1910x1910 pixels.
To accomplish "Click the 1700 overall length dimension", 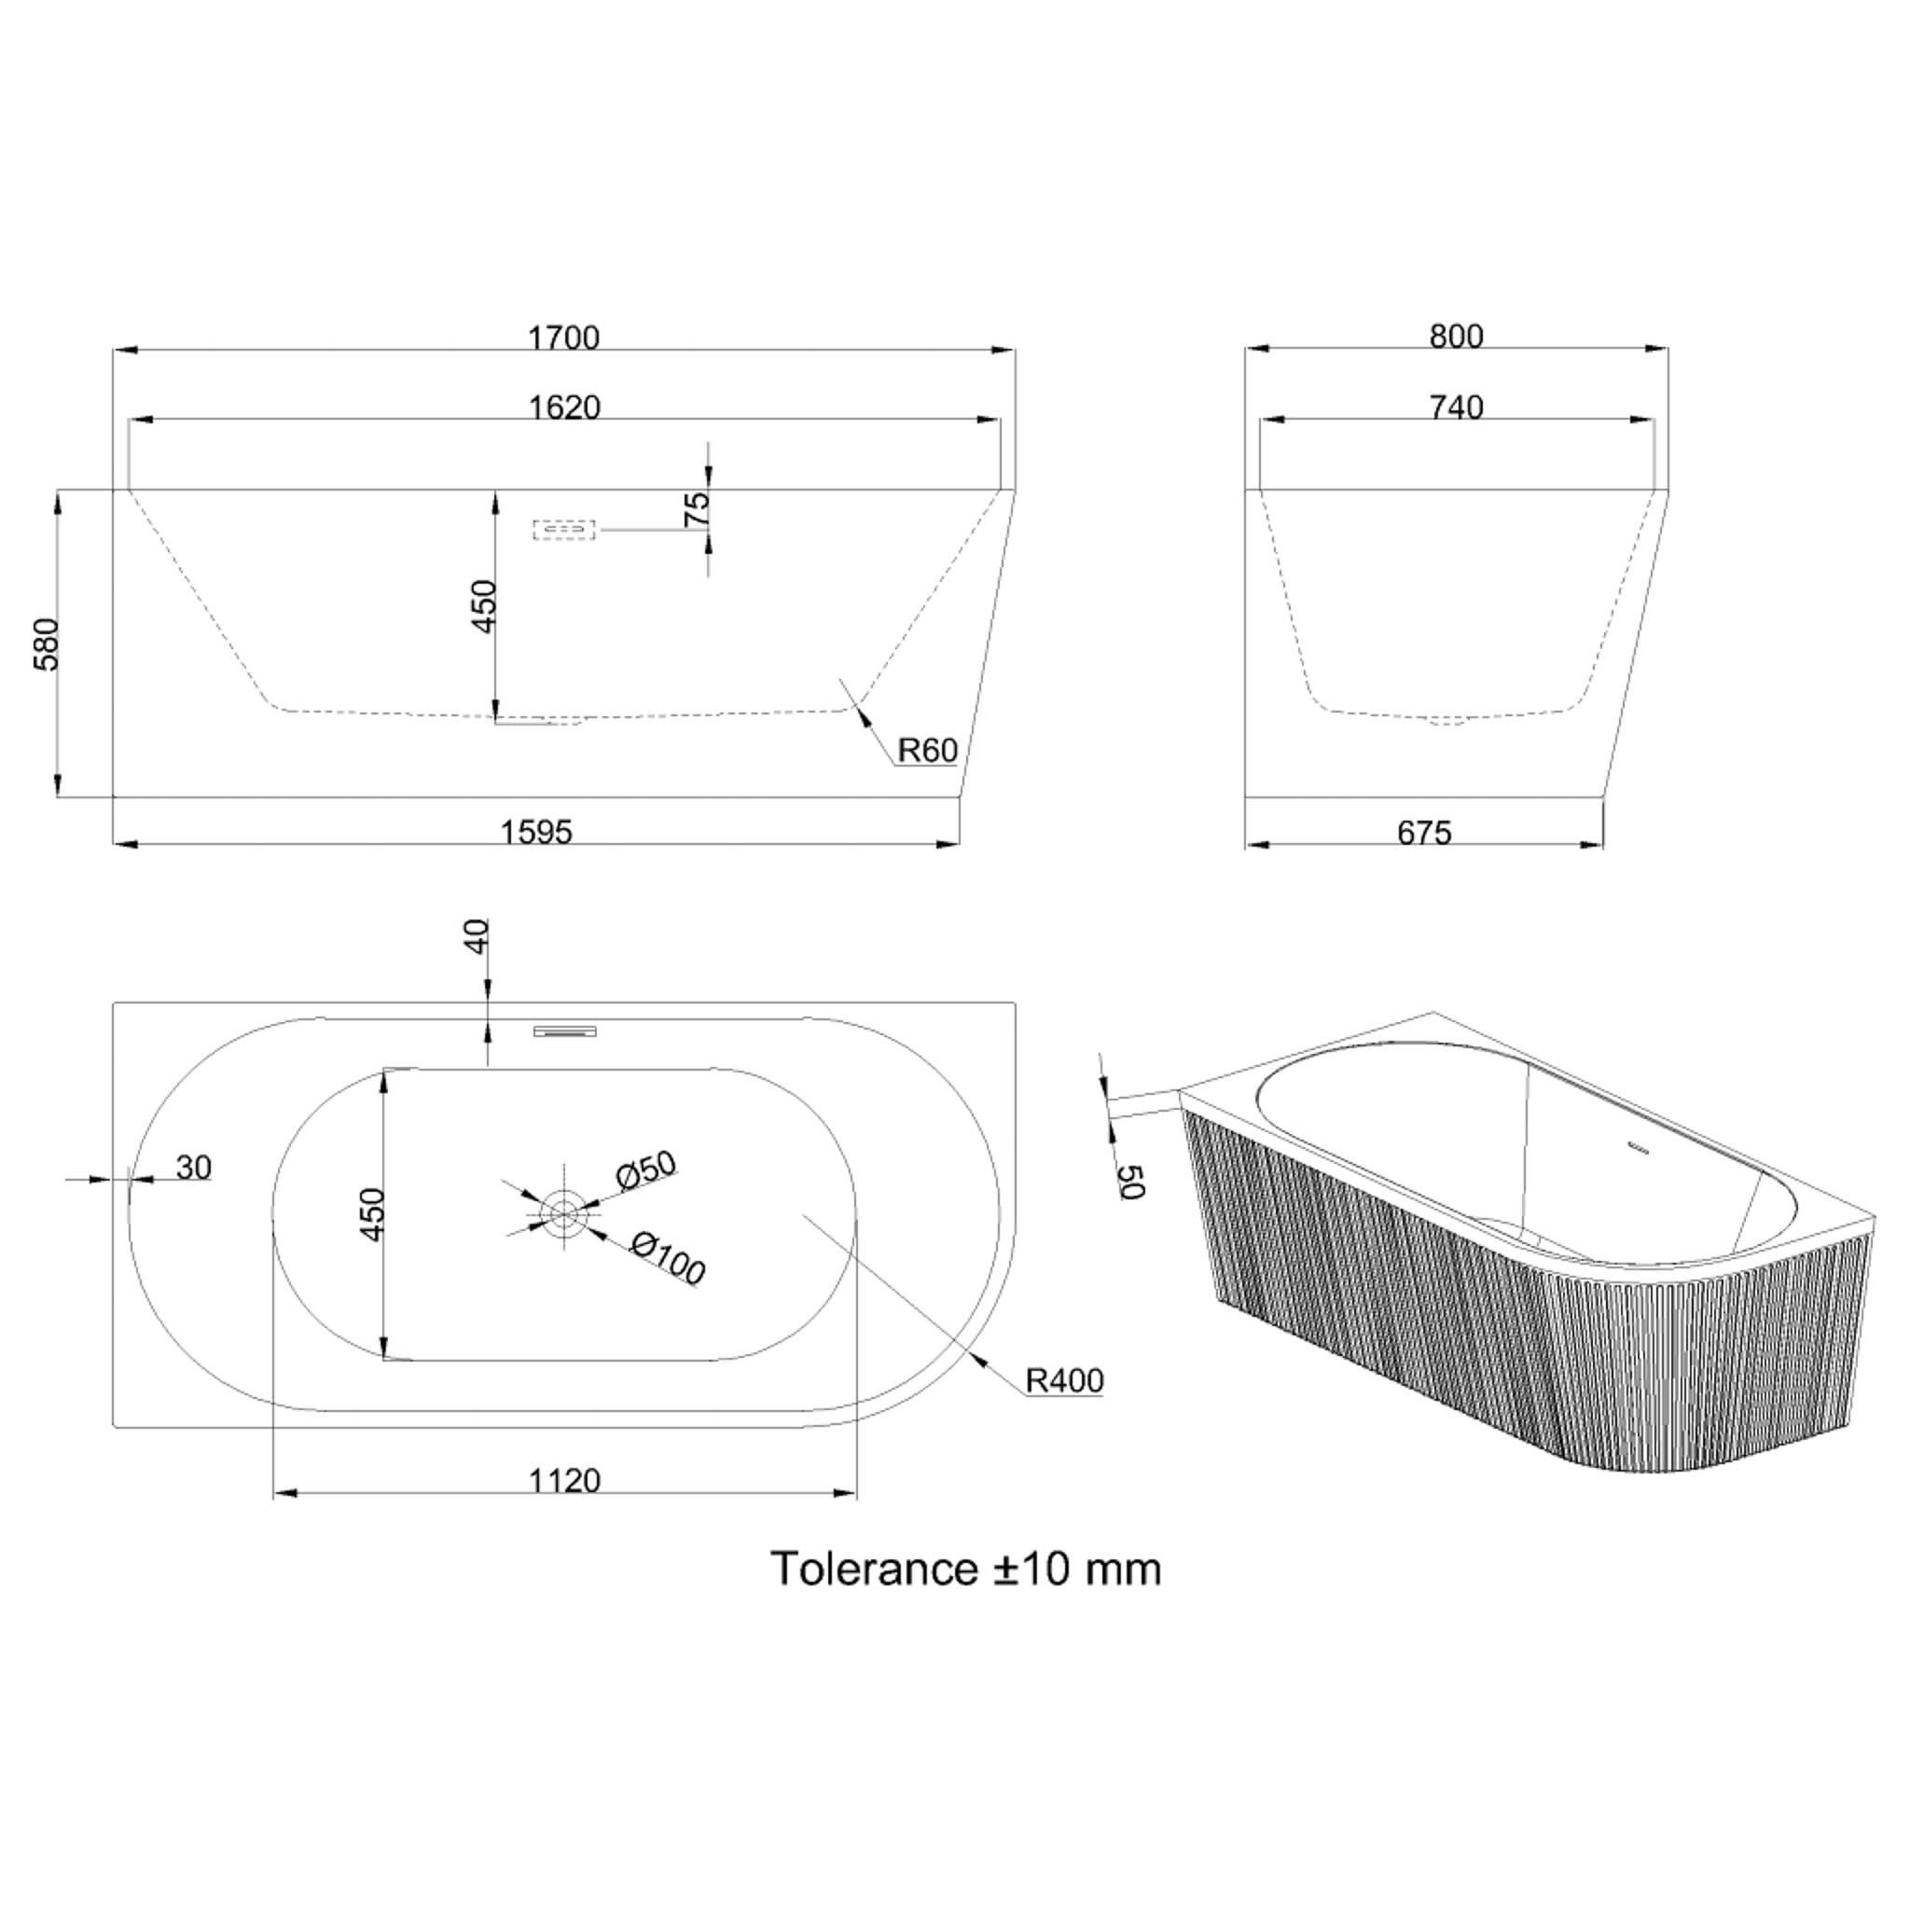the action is [x=563, y=339].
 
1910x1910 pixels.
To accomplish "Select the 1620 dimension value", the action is [x=564, y=408].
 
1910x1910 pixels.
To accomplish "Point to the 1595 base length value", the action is [x=536, y=833].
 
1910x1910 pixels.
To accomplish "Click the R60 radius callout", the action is [x=927, y=752].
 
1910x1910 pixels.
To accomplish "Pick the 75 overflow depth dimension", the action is [x=697, y=508].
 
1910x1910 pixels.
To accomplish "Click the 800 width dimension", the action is [x=1456, y=337].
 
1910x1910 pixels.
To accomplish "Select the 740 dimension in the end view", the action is [x=1456, y=408].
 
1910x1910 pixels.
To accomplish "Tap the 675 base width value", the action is [x=1423, y=834].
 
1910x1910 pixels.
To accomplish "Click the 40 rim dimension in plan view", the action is [x=477, y=936].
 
